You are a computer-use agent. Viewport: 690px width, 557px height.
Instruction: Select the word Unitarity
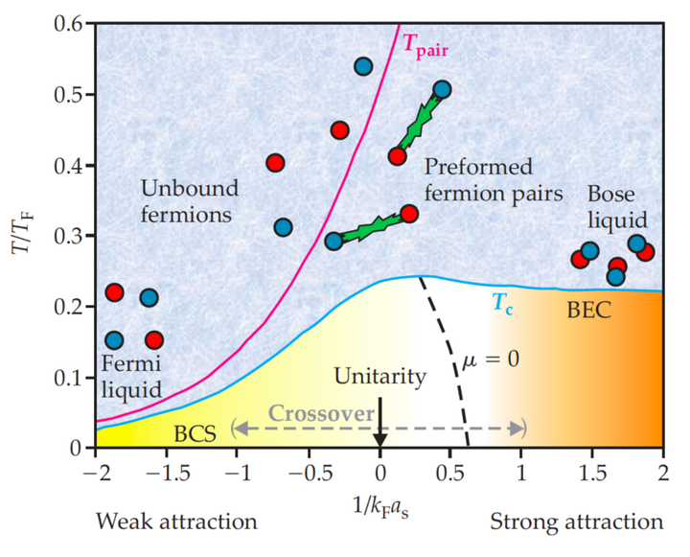pos(379,376)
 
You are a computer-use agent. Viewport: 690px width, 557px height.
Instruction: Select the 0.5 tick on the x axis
pos(449,471)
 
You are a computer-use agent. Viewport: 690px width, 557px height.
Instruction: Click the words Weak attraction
pos(176,522)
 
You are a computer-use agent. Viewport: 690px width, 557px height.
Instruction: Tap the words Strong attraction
pos(576,522)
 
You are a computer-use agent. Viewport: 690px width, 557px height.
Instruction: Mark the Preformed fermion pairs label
pos(492,180)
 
